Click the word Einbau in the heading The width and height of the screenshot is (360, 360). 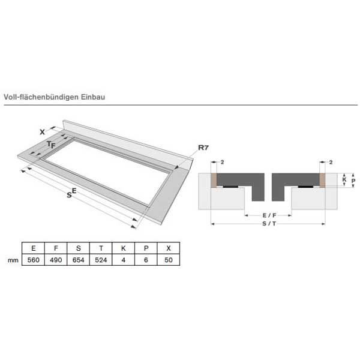(x=93, y=97)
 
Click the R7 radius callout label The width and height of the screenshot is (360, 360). (x=203, y=148)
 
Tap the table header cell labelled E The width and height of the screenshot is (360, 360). (x=33, y=248)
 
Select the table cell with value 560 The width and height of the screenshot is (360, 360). (x=33, y=260)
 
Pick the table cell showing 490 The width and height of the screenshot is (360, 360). (x=56, y=260)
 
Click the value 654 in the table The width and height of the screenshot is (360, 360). (x=78, y=260)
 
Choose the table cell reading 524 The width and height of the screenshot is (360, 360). (x=101, y=260)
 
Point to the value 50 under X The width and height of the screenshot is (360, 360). (x=169, y=260)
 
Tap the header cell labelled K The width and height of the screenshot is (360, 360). (x=123, y=248)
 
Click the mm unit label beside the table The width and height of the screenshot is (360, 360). (x=13, y=260)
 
